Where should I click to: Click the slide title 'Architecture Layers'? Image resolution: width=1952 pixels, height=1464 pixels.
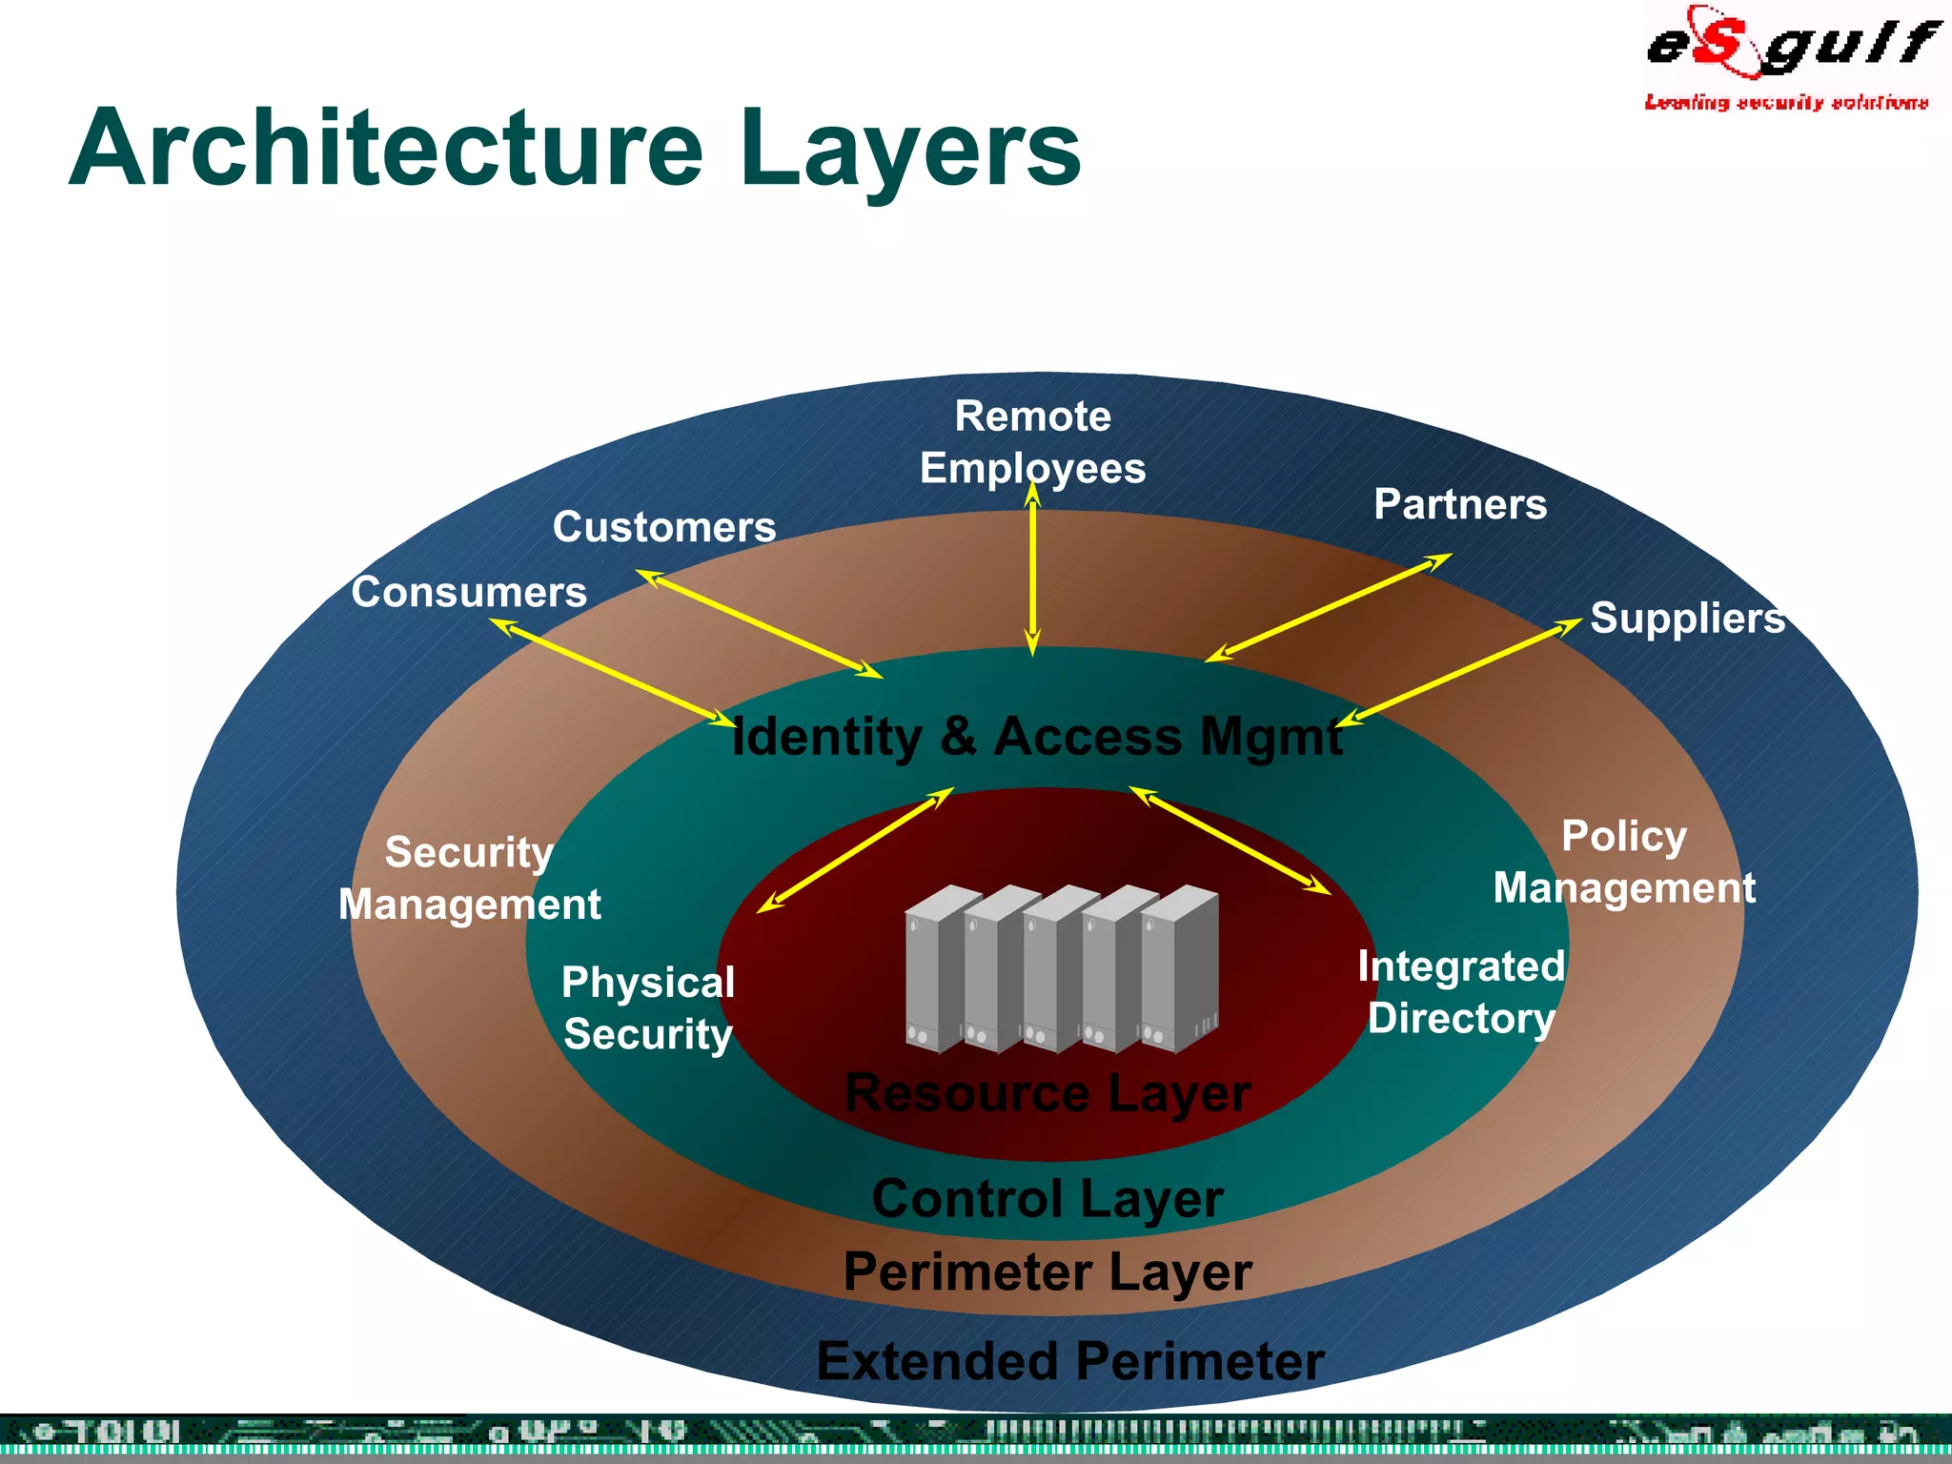(x=575, y=149)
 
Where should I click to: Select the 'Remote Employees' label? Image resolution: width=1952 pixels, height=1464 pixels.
(x=1033, y=442)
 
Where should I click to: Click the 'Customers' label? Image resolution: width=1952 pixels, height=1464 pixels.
(x=664, y=527)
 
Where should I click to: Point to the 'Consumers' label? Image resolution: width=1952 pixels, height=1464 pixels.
(x=469, y=592)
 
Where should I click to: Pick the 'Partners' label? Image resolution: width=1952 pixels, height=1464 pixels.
(x=1460, y=504)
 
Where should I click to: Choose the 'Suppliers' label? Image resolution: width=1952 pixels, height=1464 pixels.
(x=1687, y=618)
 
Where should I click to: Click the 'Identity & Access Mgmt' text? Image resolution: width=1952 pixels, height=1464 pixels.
(x=1037, y=737)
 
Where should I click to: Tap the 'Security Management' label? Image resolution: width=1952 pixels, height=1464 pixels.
(x=470, y=878)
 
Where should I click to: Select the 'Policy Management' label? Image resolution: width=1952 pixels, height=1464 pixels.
(x=1624, y=862)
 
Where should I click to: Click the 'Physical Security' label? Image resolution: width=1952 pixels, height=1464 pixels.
(x=648, y=1008)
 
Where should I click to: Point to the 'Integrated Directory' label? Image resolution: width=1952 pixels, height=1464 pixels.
(x=1461, y=991)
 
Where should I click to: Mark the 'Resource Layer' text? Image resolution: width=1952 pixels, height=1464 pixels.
(x=1047, y=1092)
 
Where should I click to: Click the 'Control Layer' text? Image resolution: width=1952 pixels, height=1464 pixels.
(x=1047, y=1198)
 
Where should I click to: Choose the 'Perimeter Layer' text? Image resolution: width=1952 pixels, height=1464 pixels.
(x=1047, y=1271)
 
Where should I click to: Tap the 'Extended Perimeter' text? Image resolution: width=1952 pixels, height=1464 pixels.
(x=1070, y=1360)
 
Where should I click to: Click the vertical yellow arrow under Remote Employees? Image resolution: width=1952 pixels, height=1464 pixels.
(x=1033, y=572)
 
